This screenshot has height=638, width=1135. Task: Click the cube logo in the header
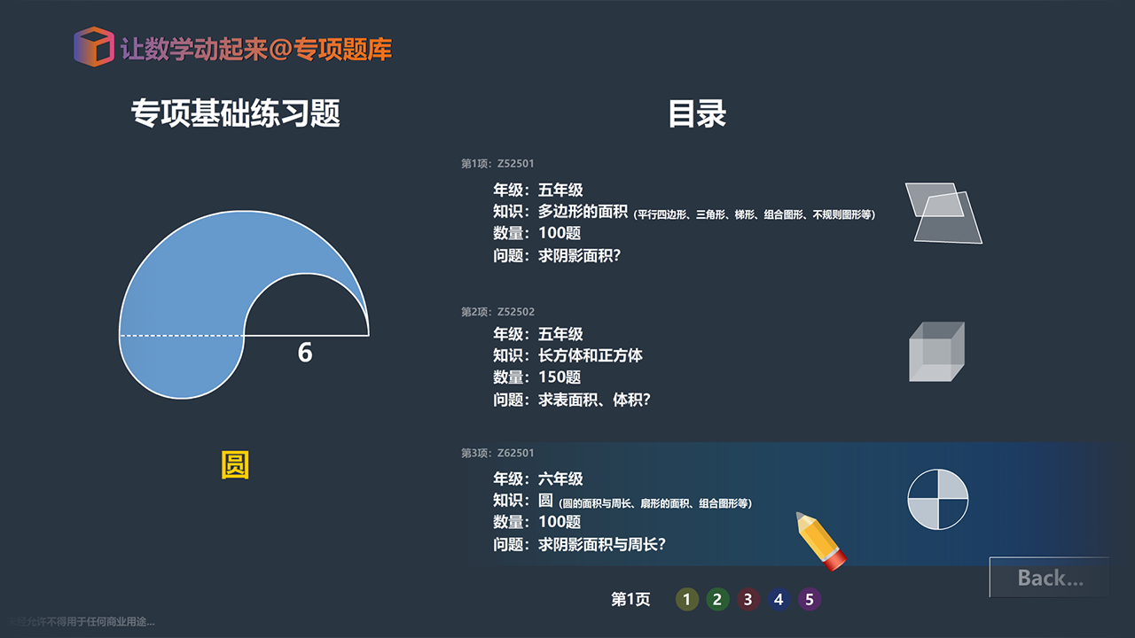point(93,46)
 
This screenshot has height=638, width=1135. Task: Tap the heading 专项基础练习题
point(236,113)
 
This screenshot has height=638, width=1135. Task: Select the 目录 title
point(697,113)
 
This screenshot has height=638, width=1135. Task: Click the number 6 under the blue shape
point(305,353)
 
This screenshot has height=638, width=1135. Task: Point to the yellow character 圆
point(235,465)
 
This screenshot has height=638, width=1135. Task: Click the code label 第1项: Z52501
point(497,164)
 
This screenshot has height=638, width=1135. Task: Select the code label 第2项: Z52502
point(497,312)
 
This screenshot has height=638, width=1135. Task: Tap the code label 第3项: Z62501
point(497,454)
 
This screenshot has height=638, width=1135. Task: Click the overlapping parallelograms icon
point(943,213)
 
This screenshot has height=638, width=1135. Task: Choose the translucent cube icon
point(936,352)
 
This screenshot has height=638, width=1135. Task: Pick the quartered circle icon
point(938,500)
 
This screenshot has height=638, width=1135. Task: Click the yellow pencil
point(821,540)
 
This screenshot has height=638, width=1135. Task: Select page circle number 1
point(686,600)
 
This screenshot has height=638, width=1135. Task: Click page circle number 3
point(748,600)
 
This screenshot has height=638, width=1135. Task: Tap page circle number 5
point(809,600)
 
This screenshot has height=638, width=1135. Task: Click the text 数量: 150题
point(537,377)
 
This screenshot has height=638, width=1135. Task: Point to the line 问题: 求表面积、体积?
point(572,400)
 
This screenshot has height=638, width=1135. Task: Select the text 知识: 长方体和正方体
point(567,355)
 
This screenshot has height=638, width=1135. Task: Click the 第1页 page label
point(630,600)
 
